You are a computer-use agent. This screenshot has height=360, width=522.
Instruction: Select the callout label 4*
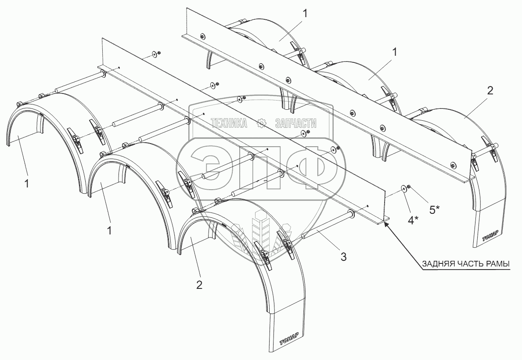(x=414, y=220)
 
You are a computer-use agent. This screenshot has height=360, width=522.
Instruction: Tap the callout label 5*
(x=435, y=210)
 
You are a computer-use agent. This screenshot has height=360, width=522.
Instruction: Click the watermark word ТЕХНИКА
(x=229, y=124)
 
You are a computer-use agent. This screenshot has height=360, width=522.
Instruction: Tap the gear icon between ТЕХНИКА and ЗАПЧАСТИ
(x=262, y=124)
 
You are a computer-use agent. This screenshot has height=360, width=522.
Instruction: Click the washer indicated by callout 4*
(x=403, y=189)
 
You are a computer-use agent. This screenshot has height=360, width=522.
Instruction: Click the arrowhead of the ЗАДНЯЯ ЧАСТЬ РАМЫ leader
(x=386, y=224)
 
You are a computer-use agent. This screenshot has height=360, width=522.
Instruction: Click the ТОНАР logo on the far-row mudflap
(x=491, y=238)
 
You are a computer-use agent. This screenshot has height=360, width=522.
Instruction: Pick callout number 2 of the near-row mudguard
(x=199, y=284)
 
